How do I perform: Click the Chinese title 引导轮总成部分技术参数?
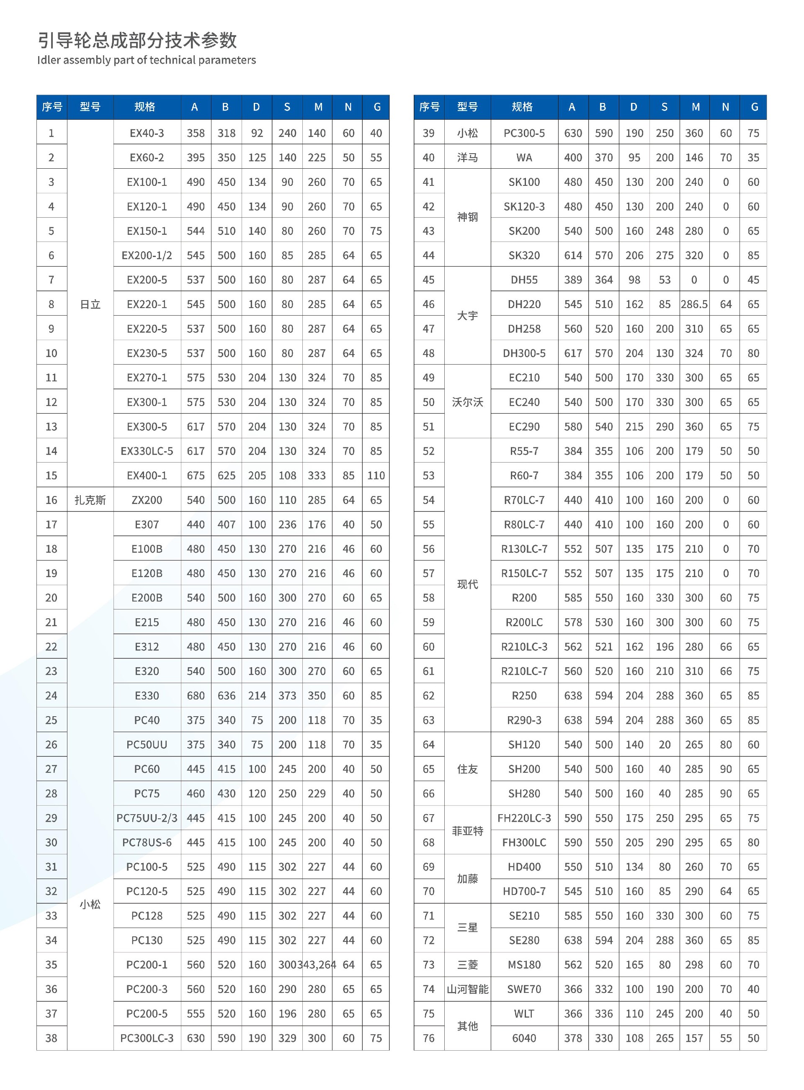tap(137, 40)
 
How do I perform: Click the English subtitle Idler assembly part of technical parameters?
tap(147, 60)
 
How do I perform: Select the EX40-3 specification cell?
tap(147, 133)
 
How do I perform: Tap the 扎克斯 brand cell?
tap(90, 500)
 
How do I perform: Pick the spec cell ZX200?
tap(147, 500)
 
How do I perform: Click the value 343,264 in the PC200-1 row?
tap(320, 964)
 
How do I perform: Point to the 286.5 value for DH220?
tap(694, 304)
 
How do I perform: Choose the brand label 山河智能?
tap(467, 989)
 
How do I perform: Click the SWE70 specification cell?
tap(524, 989)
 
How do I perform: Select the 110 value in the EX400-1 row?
tap(376, 476)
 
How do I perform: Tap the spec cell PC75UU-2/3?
tap(147, 818)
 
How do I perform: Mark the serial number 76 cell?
tap(428, 1038)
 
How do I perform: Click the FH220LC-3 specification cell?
tap(524, 818)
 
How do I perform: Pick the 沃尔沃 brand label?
tap(467, 402)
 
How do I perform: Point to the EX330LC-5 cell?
tap(147, 451)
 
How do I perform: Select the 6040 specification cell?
tap(524, 1038)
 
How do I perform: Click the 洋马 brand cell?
tap(467, 157)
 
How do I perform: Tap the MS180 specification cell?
tap(524, 964)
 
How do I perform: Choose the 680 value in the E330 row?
tap(196, 696)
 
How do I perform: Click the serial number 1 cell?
tap(51, 133)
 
